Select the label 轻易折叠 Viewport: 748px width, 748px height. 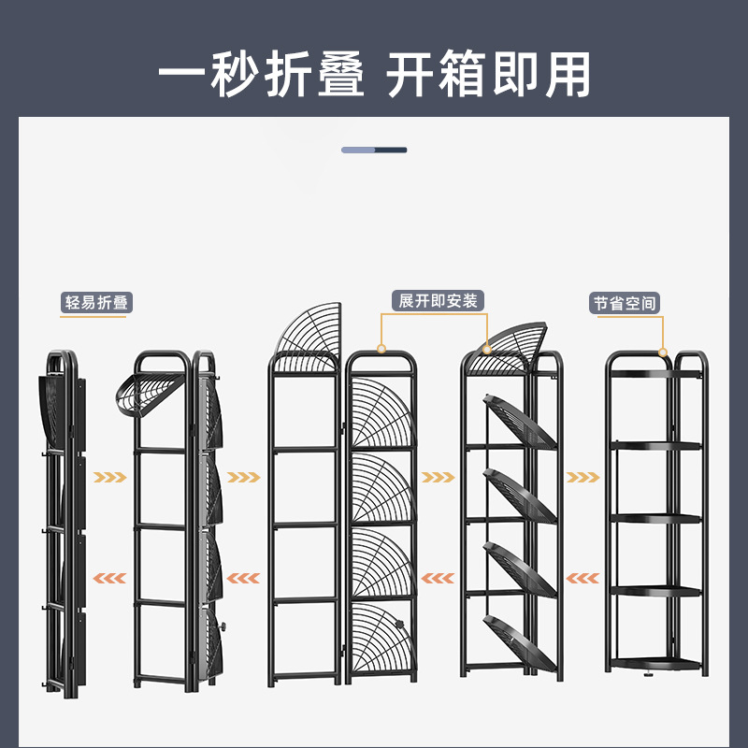pyautogui.click(x=96, y=302)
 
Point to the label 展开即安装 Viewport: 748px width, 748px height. pyautogui.click(x=438, y=300)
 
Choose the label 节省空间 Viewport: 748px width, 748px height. pyautogui.click(x=625, y=304)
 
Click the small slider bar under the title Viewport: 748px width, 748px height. pyautogui.click(x=374, y=150)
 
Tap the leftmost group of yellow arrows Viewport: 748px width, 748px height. pyautogui.click(x=109, y=477)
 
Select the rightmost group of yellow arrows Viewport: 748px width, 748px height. pyautogui.click(x=583, y=477)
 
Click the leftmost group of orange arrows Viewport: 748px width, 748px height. pyautogui.click(x=109, y=577)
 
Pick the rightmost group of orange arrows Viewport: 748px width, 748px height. pyautogui.click(x=583, y=577)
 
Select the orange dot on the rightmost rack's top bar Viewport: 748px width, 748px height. pyautogui.click(x=663, y=352)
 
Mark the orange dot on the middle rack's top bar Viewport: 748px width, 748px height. pyautogui.click(x=381, y=349)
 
